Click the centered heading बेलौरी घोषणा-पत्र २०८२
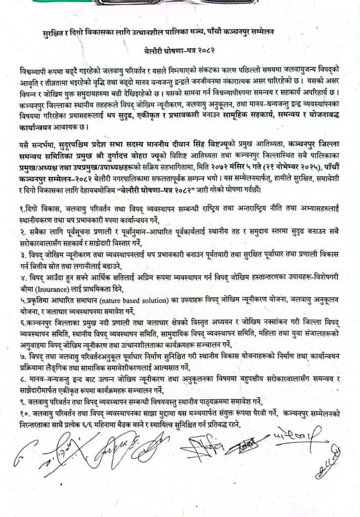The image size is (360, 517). [x=180, y=51]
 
